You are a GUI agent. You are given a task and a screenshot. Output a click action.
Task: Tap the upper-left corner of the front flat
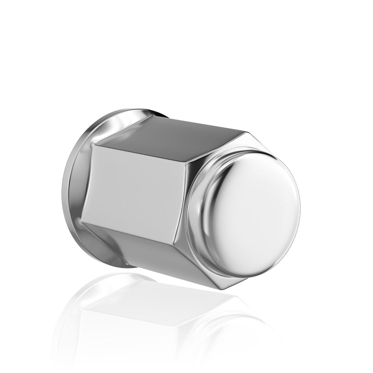click(x=93, y=145)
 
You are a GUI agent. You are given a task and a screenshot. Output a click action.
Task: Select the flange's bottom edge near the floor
click(x=112, y=267)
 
